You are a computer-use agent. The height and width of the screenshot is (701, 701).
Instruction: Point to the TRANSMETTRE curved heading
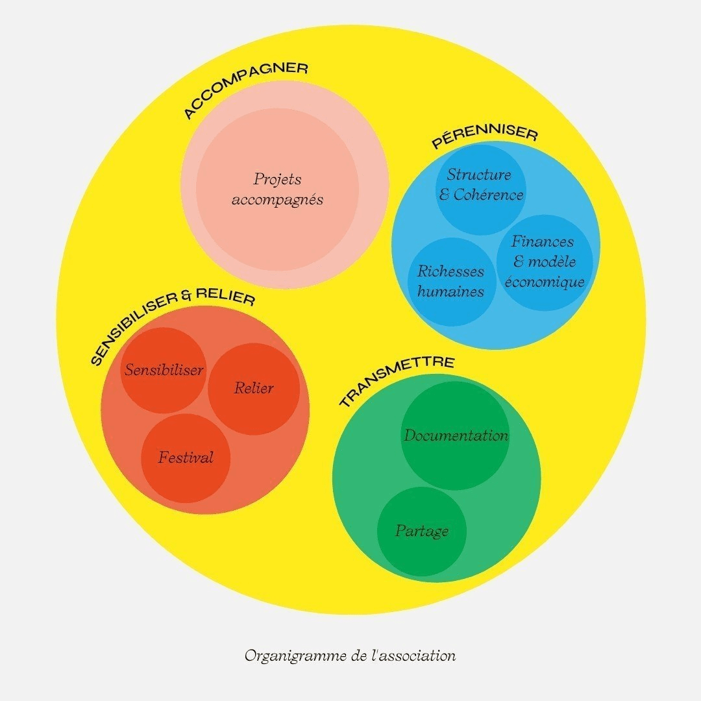[x=396, y=379]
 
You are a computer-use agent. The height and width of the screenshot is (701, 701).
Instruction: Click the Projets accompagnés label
[x=277, y=189]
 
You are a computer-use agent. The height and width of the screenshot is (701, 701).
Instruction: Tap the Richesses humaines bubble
[x=450, y=282]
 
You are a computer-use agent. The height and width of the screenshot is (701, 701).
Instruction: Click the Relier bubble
[x=254, y=389]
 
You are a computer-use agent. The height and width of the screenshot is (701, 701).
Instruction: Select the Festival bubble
[x=186, y=458]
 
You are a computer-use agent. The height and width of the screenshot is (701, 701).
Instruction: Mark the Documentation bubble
[x=456, y=436]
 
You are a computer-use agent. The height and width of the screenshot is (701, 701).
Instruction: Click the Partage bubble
[x=422, y=531]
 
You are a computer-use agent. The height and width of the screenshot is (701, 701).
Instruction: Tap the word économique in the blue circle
[x=545, y=282]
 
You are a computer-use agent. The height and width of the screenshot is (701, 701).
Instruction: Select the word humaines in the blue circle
[x=450, y=292]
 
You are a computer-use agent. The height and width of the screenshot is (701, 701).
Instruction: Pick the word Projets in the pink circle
[x=277, y=179]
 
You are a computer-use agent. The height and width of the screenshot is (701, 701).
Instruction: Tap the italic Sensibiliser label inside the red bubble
[x=164, y=371]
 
